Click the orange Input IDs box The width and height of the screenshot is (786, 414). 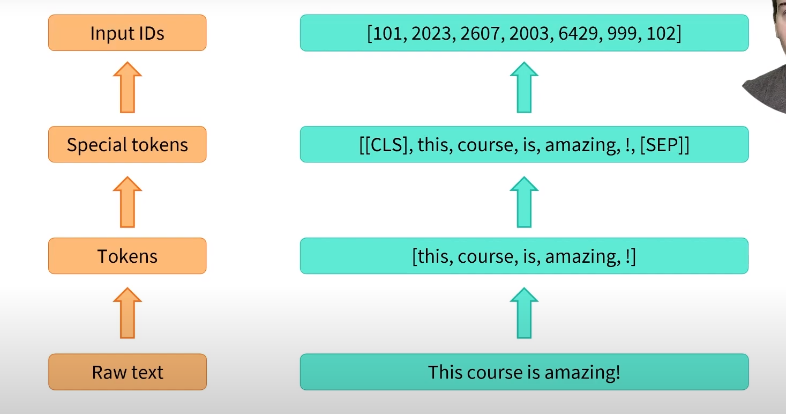pos(127,33)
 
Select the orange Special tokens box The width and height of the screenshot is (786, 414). pos(127,145)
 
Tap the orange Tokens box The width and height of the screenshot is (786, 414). pos(127,256)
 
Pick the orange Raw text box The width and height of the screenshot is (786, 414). pos(127,372)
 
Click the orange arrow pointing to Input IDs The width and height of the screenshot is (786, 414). pos(128,87)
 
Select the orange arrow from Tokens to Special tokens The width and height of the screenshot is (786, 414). pos(128,202)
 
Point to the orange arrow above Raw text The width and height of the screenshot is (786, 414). pos(128,313)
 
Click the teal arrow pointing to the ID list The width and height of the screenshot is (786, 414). pos(524,87)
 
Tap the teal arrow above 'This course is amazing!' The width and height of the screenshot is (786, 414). pos(524,313)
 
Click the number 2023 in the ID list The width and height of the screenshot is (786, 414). pos(431,33)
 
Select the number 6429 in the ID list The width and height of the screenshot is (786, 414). pos(585,33)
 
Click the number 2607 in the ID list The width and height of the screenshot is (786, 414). pos(482,33)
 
